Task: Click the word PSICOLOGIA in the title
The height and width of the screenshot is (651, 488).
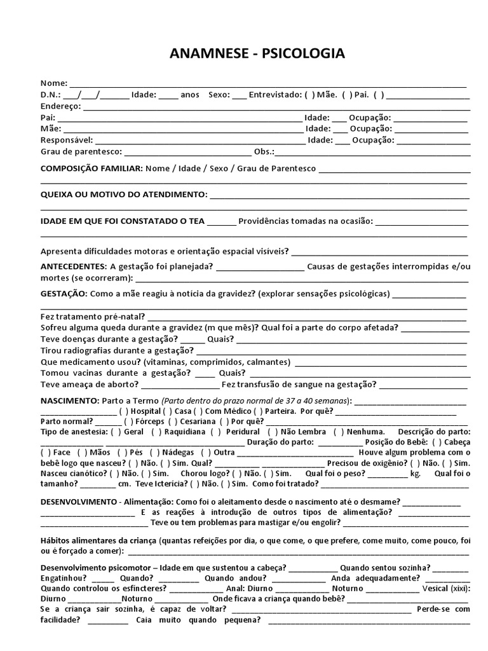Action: click(303, 54)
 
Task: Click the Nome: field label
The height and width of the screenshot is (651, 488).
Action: click(54, 83)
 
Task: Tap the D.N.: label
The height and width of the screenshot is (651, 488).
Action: click(50, 95)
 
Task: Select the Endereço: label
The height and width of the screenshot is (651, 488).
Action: click(61, 106)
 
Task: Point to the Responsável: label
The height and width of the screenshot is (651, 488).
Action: click(67, 140)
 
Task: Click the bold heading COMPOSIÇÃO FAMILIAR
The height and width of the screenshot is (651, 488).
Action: click(91, 169)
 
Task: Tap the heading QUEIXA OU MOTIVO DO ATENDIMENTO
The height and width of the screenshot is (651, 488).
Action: click(123, 194)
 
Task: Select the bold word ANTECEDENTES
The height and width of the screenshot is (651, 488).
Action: click(73, 266)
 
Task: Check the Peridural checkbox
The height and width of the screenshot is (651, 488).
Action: click(217, 431)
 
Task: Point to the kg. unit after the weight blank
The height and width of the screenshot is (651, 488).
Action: click(416, 473)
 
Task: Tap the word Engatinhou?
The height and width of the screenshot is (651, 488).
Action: click(64, 578)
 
